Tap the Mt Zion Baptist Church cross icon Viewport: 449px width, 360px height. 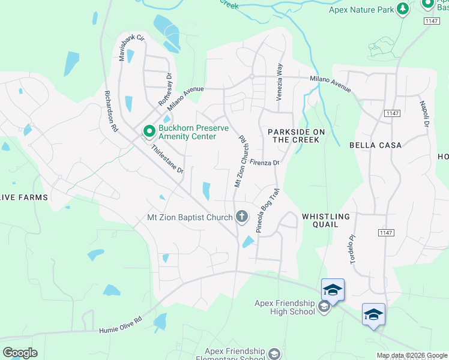242,217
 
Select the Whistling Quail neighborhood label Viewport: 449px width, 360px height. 325,220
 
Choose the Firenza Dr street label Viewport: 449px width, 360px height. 265,162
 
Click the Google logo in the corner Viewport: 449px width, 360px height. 20,353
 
